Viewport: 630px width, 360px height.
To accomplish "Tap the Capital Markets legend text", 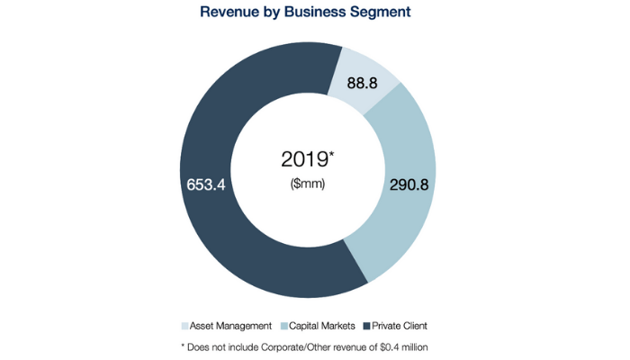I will click(x=321, y=324).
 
